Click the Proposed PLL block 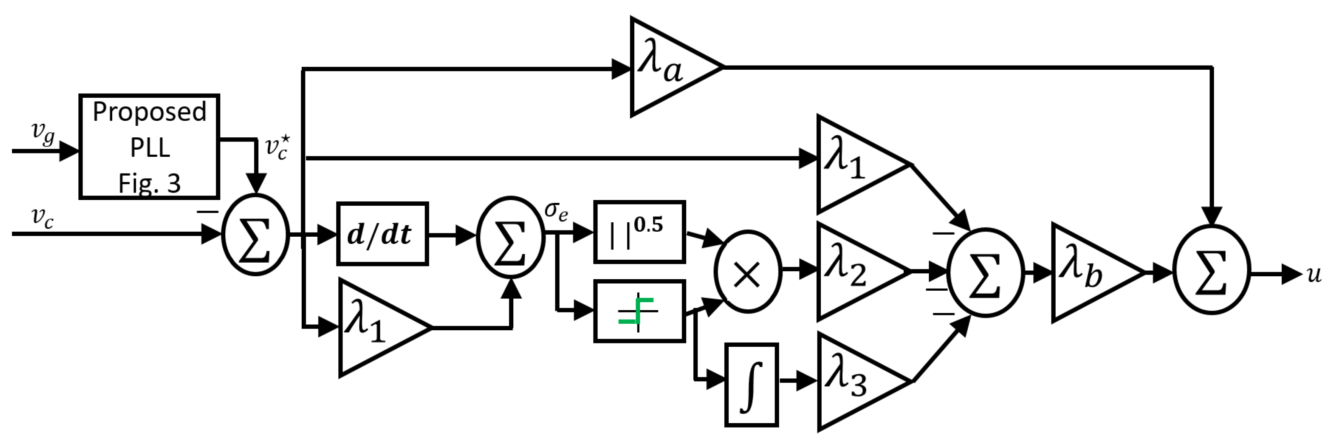[149, 146]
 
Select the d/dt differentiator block [382, 234]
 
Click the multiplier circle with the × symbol [747, 271]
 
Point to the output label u [1314, 273]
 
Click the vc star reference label [277, 148]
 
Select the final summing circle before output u [1212, 269]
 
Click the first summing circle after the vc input [255, 235]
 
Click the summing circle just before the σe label [510, 237]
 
